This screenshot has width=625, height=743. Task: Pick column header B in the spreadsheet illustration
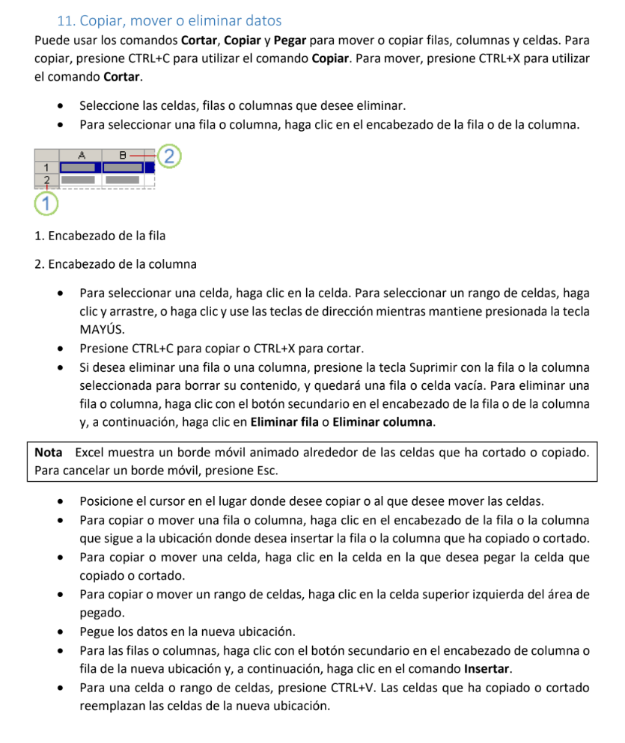(122, 155)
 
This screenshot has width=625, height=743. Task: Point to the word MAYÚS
(101, 329)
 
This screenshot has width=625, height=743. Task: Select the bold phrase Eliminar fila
(284, 422)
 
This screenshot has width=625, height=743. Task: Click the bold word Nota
(49, 453)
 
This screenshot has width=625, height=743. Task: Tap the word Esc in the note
(266, 471)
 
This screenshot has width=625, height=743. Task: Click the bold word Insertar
(487, 669)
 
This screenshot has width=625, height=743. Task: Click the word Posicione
(107, 501)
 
